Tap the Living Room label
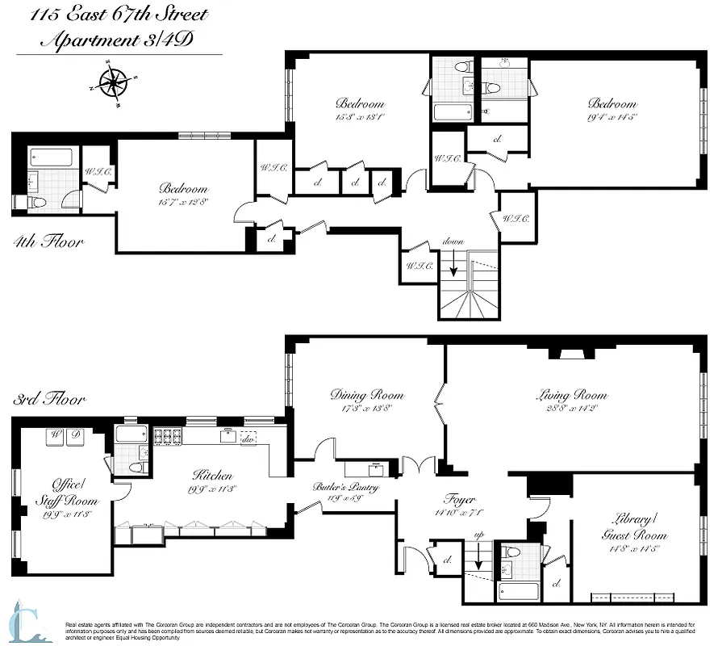click(571, 395)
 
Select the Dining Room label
click(366, 395)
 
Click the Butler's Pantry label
click(345, 488)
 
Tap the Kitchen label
click(212, 476)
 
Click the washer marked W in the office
click(56, 436)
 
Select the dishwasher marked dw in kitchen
click(249, 437)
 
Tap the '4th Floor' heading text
click(48, 241)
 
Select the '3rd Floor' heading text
click(48, 399)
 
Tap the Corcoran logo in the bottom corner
click(28, 623)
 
